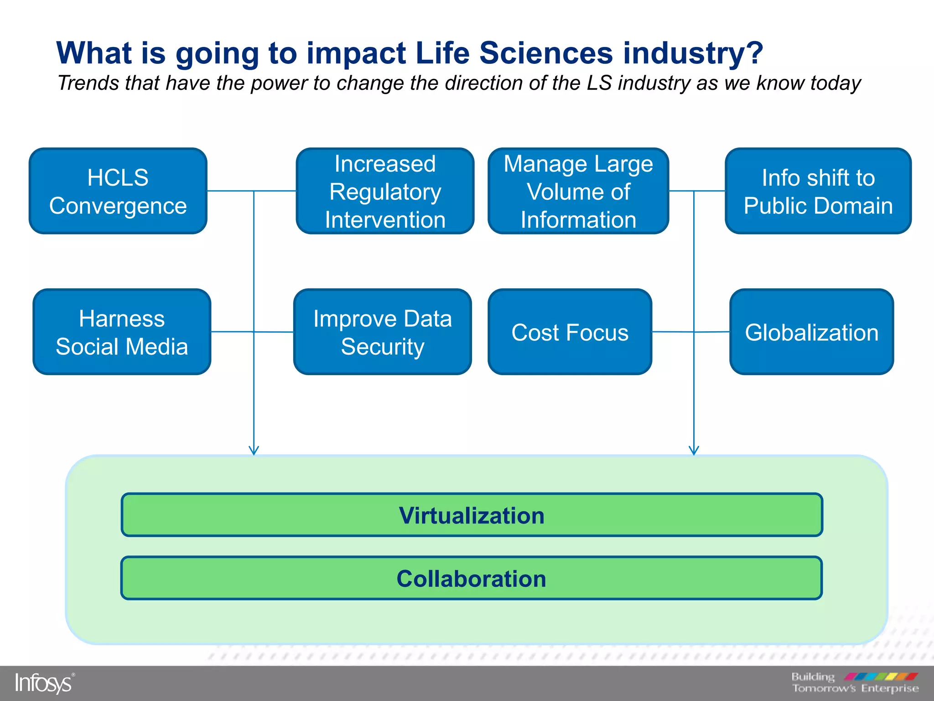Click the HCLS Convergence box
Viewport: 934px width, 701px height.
[x=118, y=191]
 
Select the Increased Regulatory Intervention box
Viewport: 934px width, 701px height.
[x=385, y=191]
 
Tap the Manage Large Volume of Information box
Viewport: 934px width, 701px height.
[x=578, y=191]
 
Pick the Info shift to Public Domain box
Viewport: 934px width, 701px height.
[x=818, y=191]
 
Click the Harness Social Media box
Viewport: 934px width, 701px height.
[x=122, y=332]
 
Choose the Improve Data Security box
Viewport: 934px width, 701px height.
[x=382, y=332]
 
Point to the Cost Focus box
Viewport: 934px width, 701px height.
[x=570, y=332]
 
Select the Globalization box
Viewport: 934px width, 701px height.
[x=811, y=332]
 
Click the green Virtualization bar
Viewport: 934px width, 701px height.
[x=472, y=515]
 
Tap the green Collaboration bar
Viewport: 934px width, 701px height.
[x=471, y=578]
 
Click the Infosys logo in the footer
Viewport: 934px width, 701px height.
[x=44, y=683]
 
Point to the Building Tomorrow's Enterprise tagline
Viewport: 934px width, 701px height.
[x=855, y=683]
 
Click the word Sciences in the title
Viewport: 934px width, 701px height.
[x=546, y=53]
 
